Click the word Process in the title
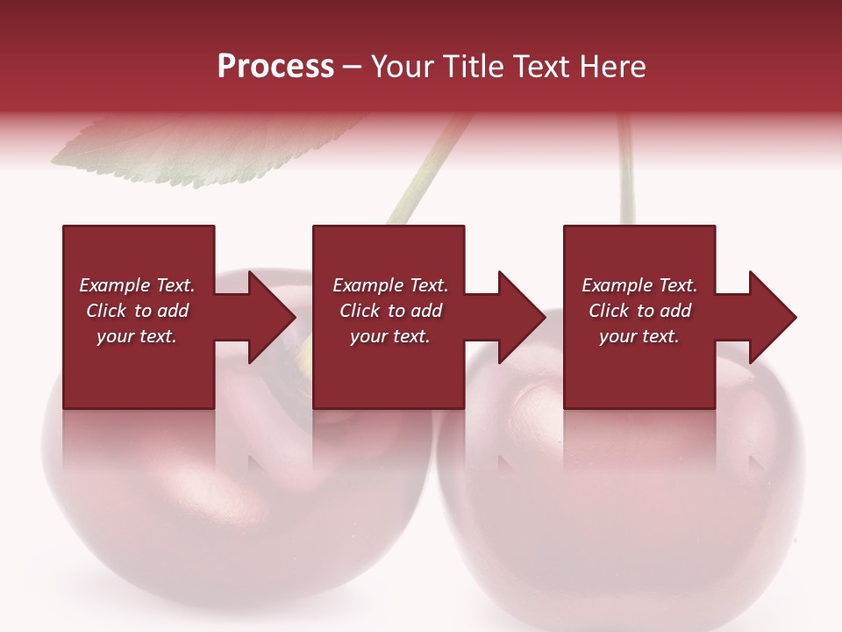coord(275,67)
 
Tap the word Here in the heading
coord(611,67)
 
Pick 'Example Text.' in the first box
coord(137,285)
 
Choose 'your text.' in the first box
coord(137,336)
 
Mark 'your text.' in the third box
coord(639,336)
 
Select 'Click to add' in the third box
coord(639,311)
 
